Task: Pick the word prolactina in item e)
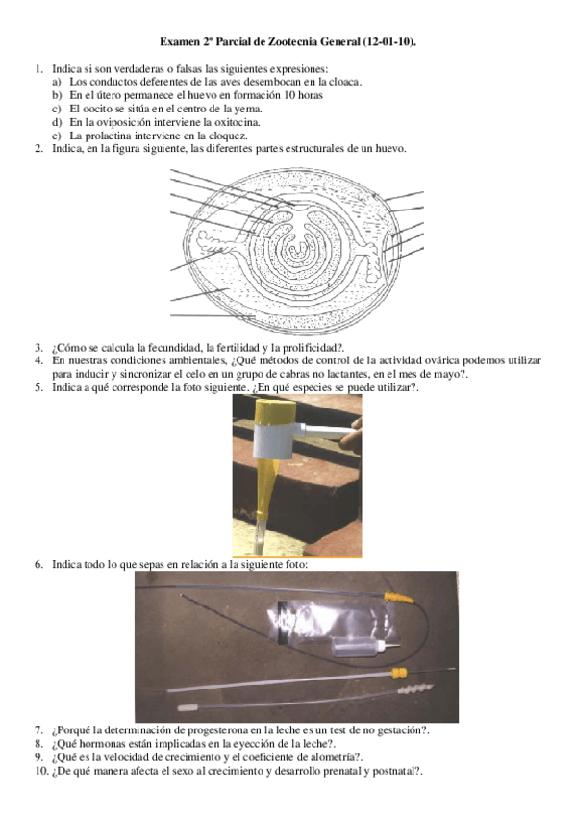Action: [110, 136]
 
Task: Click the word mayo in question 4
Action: [451, 374]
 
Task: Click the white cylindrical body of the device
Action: [277, 439]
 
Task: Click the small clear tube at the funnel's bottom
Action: [261, 534]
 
